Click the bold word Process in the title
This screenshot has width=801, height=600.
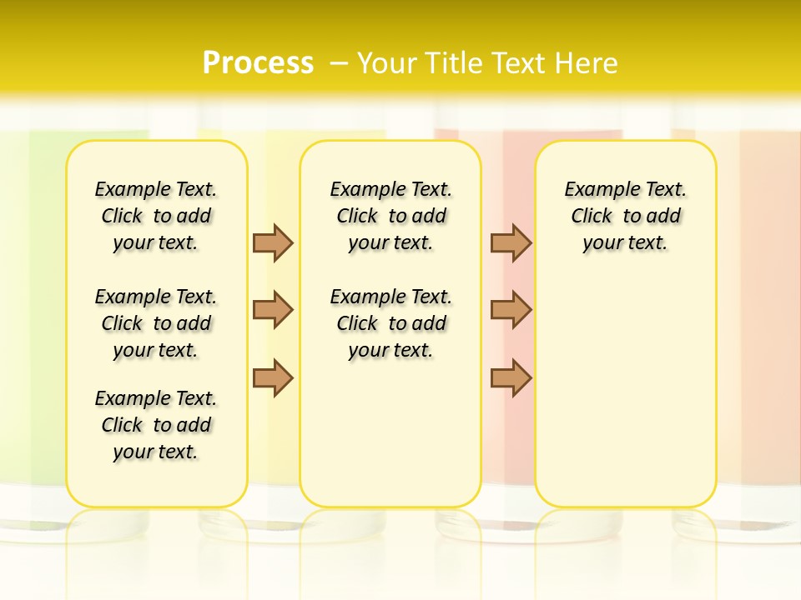[x=258, y=63]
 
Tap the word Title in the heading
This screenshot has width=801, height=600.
[x=456, y=63]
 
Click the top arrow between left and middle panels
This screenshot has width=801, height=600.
[x=273, y=242]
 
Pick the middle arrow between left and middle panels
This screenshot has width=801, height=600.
[x=273, y=310]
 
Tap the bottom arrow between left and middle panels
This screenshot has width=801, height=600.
[x=273, y=377]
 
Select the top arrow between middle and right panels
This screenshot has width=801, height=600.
[x=511, y=242]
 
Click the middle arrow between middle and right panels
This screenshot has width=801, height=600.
[x=511, y=310]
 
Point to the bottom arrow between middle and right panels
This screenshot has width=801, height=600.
[x=511, y=377]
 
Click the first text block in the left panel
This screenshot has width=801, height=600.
[x=156, y=216]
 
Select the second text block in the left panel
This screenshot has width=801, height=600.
[x=156, y=323]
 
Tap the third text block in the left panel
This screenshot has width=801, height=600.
[x=156, y=425]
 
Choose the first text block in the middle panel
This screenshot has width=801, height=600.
[x=390, y=216]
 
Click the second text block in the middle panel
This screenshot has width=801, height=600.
[x=390, y=323]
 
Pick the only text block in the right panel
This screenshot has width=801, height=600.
[x=626, y=216]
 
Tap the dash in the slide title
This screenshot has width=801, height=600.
[x=339, y=63]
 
